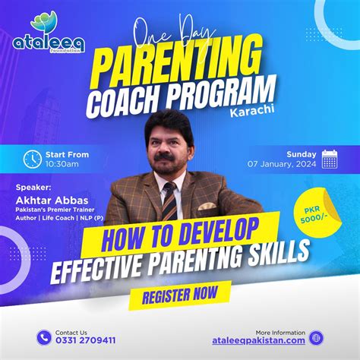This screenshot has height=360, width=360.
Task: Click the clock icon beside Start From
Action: (x=33, y=159)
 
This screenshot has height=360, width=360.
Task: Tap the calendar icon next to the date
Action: (x=329, y=159)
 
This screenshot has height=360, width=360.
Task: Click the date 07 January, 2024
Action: (x=281, y=163)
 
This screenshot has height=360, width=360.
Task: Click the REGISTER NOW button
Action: (x=180, y=292)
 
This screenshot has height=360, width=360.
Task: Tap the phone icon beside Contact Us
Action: (x=43, y=337)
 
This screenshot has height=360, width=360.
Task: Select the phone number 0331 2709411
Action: (x=85, y=341)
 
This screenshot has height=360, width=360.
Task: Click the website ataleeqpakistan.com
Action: (x=259, y=341)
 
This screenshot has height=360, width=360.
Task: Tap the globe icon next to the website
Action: (x=317, y=337)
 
